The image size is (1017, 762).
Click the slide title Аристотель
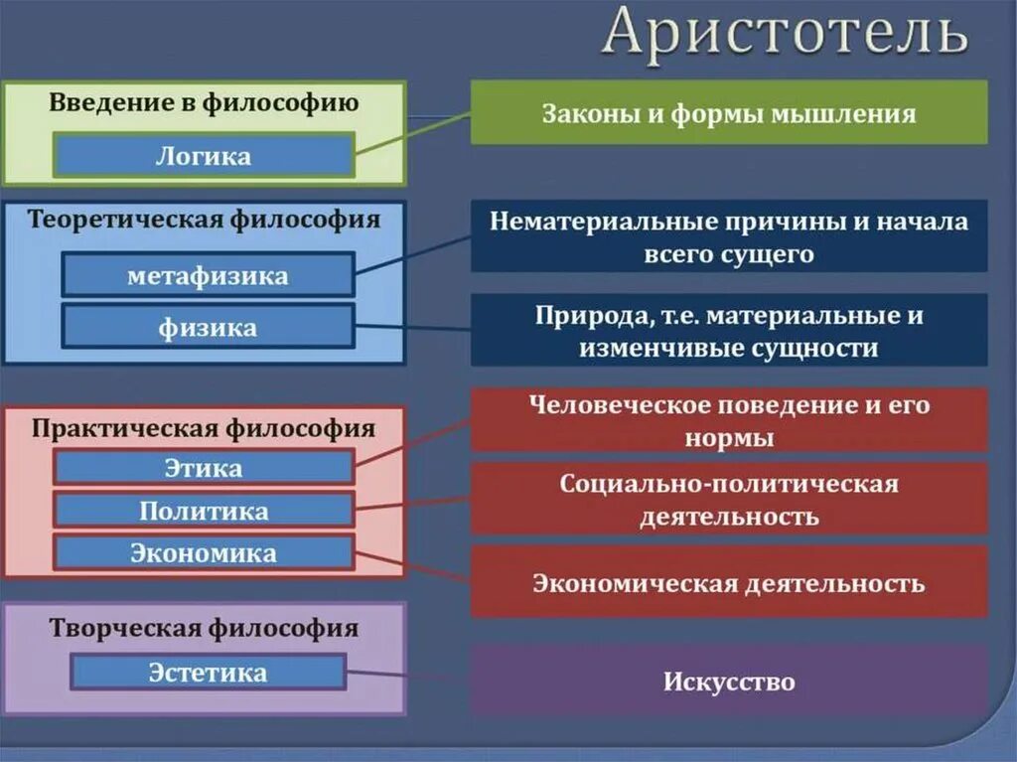click(785, 33)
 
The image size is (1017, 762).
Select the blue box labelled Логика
click(204, 156)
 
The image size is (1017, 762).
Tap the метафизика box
click(208, 275)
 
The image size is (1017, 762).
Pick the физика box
click(208, 327)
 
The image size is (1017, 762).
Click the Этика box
click(204, 467)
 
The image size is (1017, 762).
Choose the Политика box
click(204, 511)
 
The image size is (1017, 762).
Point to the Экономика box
click(204, 553)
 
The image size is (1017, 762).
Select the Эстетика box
click(208, 673)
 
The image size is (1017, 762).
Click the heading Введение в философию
click(204, 103)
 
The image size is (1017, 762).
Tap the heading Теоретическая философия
click(204, 220)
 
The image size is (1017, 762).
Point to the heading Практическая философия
click(204, 429)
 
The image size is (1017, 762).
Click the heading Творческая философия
click(204, 629)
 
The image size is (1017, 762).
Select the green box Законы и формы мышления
click(729, 113)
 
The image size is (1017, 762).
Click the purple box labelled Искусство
click(729, 683)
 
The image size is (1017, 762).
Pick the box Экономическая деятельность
click(729, 582)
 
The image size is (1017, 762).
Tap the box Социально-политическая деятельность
click(729, 500)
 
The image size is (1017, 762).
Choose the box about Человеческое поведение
click(729, 420)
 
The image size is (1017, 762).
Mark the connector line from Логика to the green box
click(412, 133)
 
